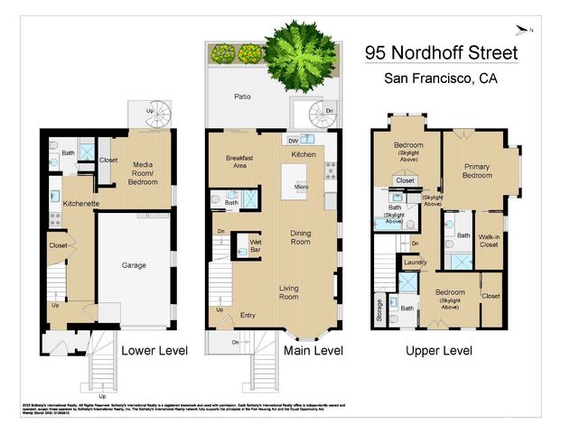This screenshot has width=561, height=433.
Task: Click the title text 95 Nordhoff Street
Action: click(442, 53)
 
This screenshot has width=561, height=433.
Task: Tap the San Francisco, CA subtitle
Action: click(442, 78)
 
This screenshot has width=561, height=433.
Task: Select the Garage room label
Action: click(135, 266)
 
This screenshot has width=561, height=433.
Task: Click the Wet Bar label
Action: click(242, 244)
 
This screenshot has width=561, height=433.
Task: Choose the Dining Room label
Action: click(300, 237)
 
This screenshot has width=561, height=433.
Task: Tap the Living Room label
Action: click(288, 291)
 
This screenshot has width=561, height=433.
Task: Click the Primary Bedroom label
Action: click(483, 172)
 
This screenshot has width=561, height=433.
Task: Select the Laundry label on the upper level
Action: click(415, 263)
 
